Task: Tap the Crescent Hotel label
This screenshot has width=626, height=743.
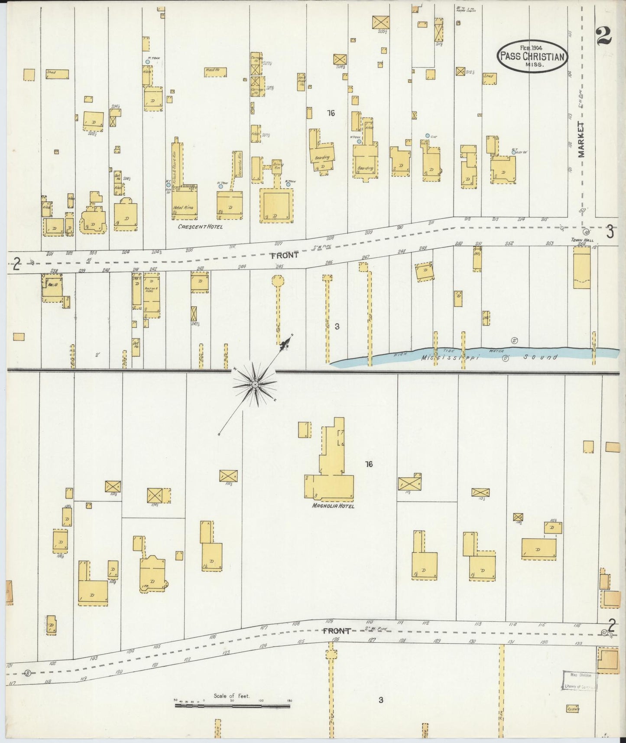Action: point(200,227)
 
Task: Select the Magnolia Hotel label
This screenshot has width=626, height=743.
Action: point(332,506)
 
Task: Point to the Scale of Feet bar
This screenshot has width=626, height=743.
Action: point(232,706)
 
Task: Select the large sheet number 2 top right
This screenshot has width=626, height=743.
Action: point(603,36)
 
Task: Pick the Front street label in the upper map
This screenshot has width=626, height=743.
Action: point(285,256)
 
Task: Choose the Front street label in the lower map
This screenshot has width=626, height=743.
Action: point(336,631)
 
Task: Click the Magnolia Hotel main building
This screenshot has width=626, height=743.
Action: point(329,486)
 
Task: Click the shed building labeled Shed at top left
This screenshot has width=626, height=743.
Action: point(57,74)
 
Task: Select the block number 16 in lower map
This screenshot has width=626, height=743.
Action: point(369,464)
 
